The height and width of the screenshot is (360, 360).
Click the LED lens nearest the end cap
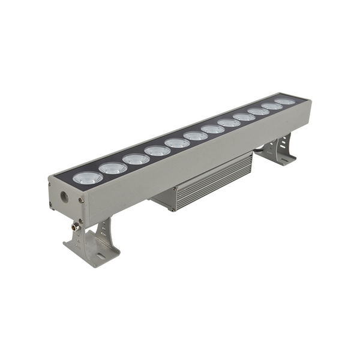click(88, 178)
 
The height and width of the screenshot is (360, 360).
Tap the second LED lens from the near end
click(113, 168)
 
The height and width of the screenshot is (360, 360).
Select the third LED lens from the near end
click(136, 159)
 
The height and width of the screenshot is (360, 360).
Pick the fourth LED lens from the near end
click(157, 151)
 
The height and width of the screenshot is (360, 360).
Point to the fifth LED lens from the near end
click(177, 143)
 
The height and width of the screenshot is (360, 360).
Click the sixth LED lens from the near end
click(196, 136)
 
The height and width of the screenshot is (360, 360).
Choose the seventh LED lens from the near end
click(212, 129)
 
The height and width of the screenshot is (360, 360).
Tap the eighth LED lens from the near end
click(229, 123)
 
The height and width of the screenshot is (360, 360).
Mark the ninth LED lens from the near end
click(244, 117)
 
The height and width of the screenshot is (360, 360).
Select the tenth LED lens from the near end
click(259, 112)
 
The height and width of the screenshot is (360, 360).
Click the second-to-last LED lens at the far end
click(272, 106)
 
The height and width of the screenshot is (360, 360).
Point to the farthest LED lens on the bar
click(285, 101)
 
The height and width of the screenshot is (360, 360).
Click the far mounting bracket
click(277, 151)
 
